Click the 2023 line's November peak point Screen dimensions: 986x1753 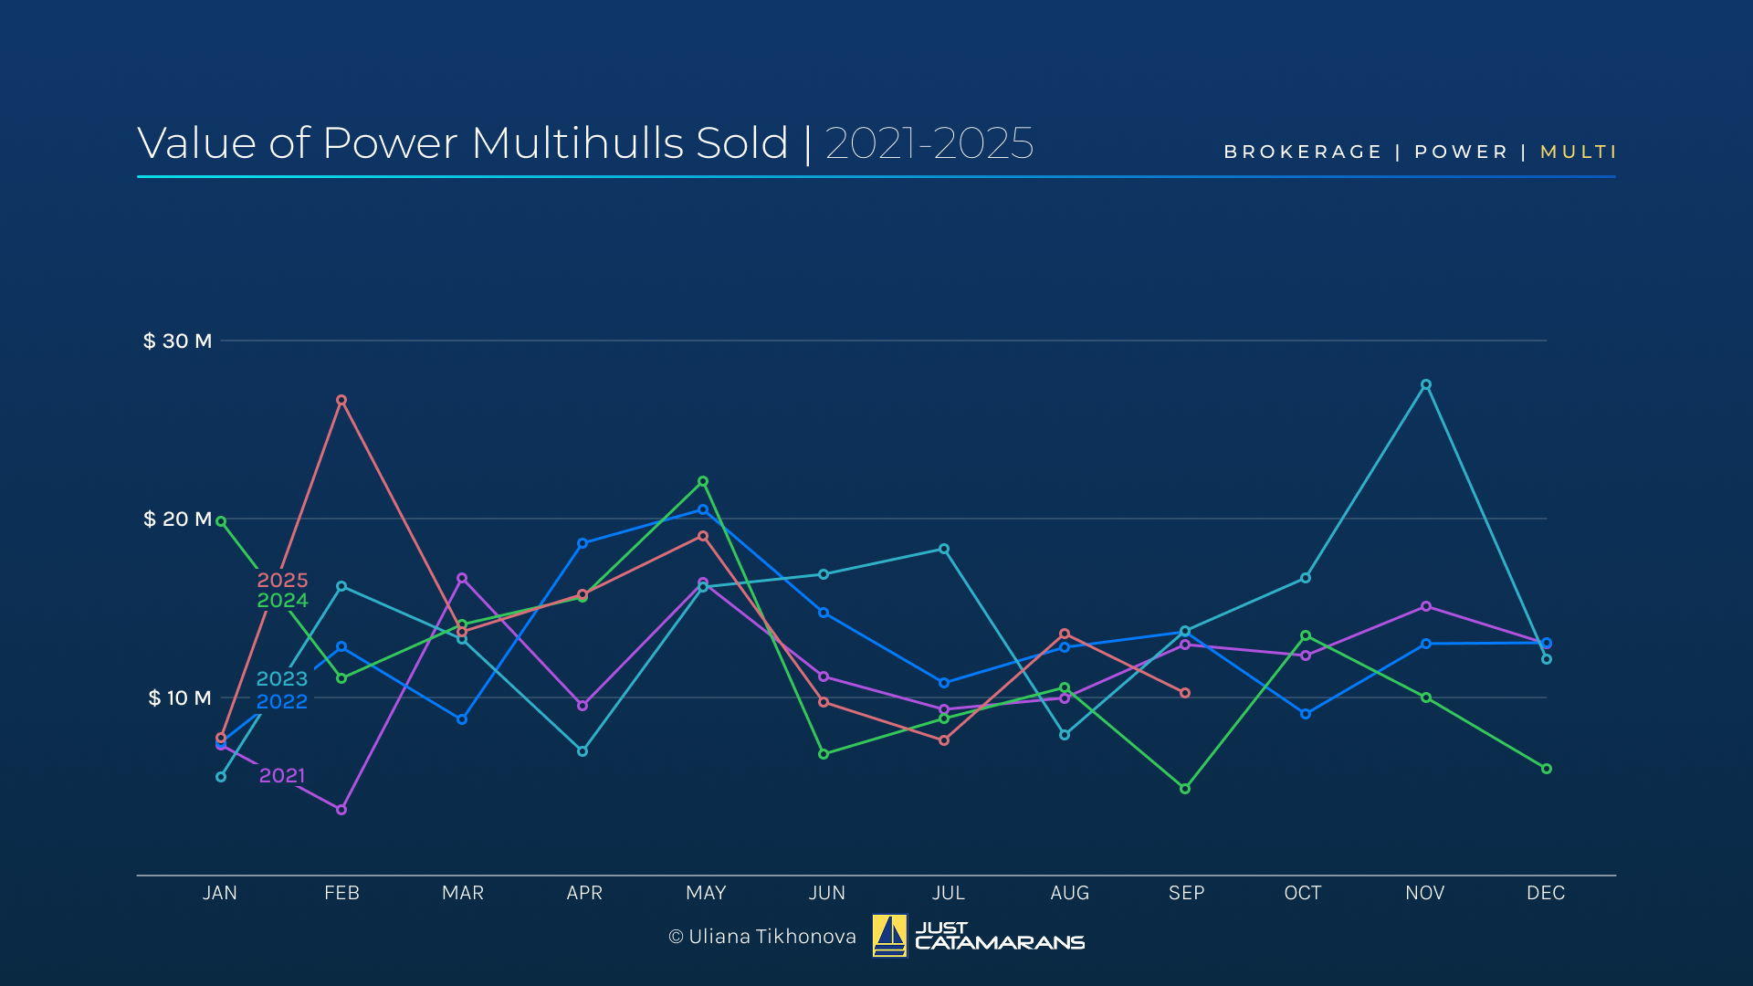pos(1425,385)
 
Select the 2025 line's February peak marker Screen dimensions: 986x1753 pos(341,400)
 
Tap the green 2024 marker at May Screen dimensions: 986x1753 pos(703,481)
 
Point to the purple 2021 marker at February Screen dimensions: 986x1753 pos(341,810)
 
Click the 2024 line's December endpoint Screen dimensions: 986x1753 pos(1546,769)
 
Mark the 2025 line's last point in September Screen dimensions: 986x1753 pos(1185,693)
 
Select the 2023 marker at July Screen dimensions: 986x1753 pos(944,549)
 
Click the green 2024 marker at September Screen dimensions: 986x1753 pos(1185,789)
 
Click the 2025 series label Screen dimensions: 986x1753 pos(282,580)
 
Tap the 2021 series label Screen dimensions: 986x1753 pos(282,775)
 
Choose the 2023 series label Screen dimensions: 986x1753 pos(282,678)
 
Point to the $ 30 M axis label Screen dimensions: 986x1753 pos(177,341)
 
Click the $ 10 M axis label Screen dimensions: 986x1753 pos(179,698)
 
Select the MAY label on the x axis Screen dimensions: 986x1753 pos(706,893)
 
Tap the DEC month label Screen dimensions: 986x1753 pos(1546,893)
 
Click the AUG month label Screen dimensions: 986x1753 pos(1070,893)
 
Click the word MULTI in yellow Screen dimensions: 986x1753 pos(1578,152)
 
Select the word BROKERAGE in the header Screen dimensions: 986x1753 pos(1303,152)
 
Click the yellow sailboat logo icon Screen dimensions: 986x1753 pos(889,936)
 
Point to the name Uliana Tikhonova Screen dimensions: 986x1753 pos(772,937)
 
